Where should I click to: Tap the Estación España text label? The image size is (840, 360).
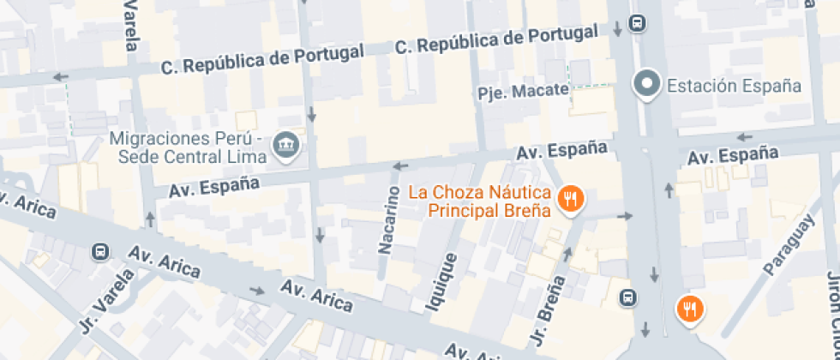(x=734, y=86)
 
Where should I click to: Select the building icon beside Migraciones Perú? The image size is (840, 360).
(x=283, y=147)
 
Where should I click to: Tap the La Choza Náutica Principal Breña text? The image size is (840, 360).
(x=478, y=201)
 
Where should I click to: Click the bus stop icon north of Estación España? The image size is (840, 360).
(x=637, y=23)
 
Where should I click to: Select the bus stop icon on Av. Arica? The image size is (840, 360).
(x=100, y=252)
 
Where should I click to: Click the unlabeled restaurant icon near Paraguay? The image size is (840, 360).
(x=689, y=309)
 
